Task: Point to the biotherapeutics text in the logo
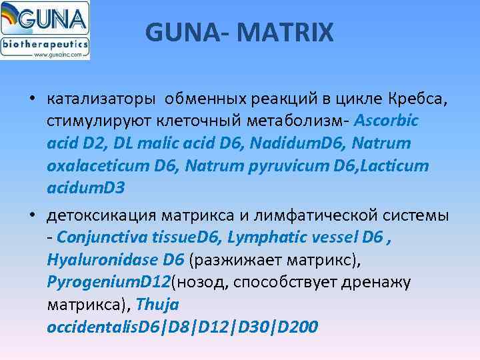45,44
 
